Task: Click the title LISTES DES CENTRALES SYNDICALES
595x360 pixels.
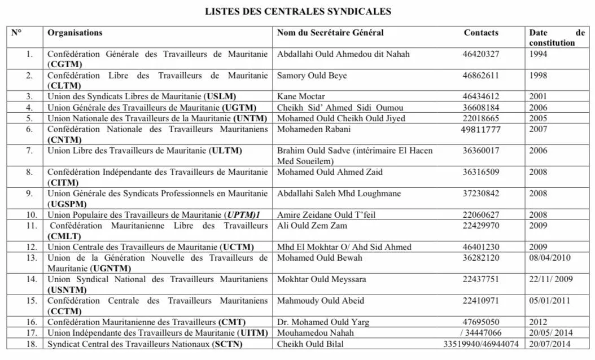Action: click(297, 11)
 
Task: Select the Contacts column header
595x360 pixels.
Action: click(481, 33)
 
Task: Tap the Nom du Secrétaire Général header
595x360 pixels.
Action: click(330, 33)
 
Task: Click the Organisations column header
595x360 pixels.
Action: click(75, 33)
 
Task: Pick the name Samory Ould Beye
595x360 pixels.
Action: click(312, 76)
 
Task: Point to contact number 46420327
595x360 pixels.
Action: click(481, 54)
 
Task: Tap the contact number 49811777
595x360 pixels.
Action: click(481, 129)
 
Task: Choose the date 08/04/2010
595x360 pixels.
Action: click(550, 258)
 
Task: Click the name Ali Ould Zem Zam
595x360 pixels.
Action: click(312, 226)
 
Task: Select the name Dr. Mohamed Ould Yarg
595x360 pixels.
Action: click(323, 322)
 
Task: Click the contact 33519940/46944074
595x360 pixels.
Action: click(481, 344)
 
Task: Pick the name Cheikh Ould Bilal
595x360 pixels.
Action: click(310, 344)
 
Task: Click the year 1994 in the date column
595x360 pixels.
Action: click(538, 54)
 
